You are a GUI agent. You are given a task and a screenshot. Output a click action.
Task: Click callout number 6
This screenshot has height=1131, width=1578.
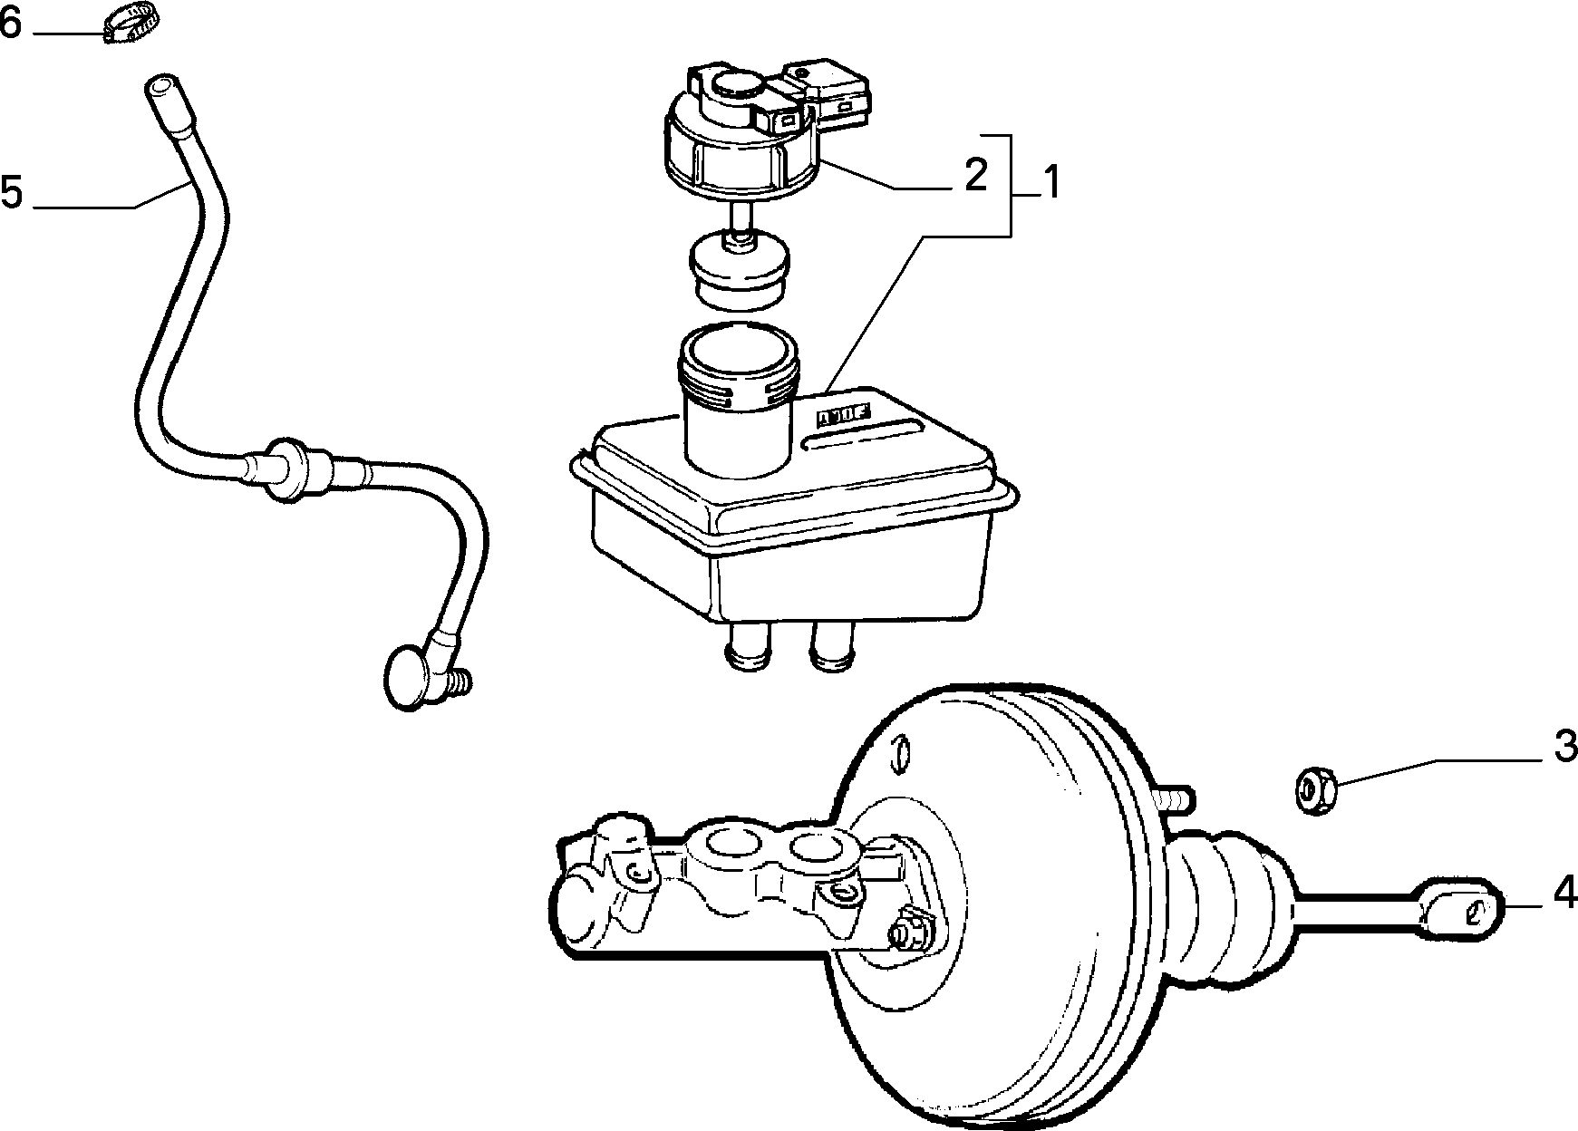coord(10,24)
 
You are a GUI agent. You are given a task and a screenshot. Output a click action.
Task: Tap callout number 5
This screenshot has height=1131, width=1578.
coord(12,193)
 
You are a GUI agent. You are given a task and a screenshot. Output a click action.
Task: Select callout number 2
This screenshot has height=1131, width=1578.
coord(975,175)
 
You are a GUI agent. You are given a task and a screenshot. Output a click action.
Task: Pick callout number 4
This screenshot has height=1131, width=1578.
coord(1563,894)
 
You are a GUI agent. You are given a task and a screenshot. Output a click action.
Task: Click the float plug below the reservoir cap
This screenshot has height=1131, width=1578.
coord(740,267)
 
